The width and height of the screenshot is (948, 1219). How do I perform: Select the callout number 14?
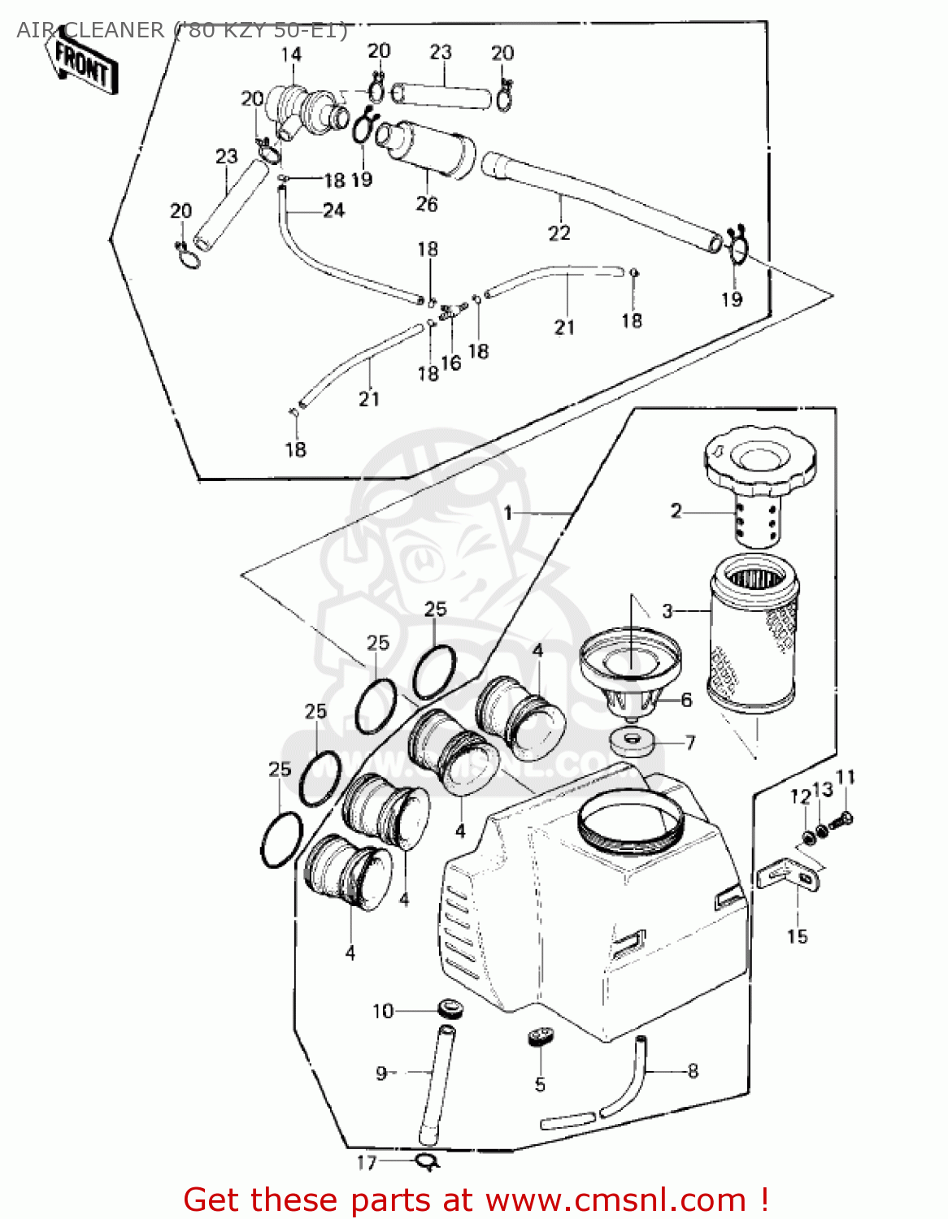tap(291, 54)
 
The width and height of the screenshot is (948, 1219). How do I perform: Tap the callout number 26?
tap(427, 204)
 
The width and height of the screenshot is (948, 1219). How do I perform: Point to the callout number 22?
tap(559, 233)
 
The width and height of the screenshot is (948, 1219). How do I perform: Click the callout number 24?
tap(333, 210)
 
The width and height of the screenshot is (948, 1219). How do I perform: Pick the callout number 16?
tap(451, 362)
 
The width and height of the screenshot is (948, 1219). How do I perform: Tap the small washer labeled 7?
tap(631, 742)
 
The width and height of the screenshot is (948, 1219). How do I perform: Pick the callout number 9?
tap(381, 1074)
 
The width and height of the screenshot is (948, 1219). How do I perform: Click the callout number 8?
tap(693, 1071)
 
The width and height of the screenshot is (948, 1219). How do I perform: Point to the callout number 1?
tap(508, 513)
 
